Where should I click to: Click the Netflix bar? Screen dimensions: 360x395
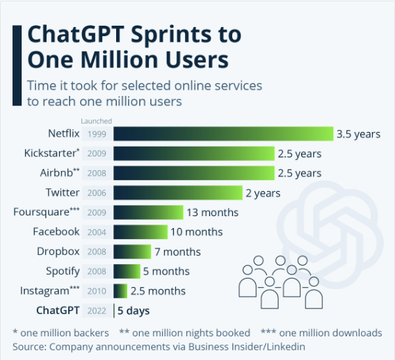coord(223,134)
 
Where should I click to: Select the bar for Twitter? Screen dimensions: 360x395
coord(177,193)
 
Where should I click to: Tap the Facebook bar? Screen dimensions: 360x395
coord(140,232)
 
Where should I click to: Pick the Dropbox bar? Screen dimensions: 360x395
coord(131,252)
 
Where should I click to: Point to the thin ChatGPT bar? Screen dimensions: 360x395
coord(113,311)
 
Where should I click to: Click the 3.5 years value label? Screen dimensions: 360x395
coord(358,134)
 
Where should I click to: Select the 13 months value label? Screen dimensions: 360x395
coord(212,213)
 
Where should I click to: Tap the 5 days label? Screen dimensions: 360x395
coord(134,311)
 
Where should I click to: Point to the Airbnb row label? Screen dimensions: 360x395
coord(57,173)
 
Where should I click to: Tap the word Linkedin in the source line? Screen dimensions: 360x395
coord(283,345)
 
